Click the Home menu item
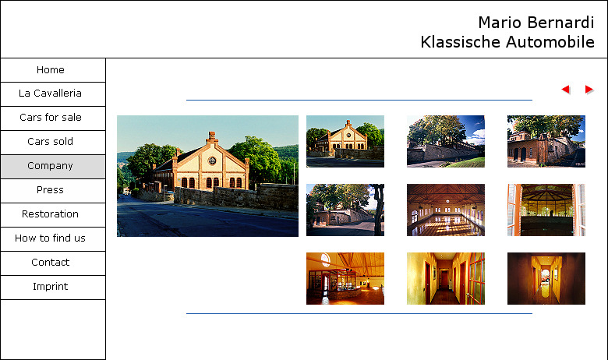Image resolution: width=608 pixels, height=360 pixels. [x=51, y=70]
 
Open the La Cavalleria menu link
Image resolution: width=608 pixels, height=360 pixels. [x=51, y=94]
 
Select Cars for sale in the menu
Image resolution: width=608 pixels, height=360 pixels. [x=51, y=118]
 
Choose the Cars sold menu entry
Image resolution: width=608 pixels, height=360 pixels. [x=51, y=142]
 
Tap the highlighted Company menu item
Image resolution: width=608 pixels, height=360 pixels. [x=51, y=166]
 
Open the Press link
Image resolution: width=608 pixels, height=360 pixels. [x=51, y=190]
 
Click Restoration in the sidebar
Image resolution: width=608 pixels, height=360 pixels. [x=51, y=214]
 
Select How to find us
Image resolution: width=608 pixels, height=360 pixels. [x=51, y=238]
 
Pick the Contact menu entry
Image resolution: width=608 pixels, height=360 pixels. [x=51, y=263]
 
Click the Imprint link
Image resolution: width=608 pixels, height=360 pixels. [x=51, y=287]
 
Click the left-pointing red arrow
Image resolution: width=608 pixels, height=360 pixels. [x=566, y=90]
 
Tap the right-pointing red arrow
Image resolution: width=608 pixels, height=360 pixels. [x=589, y=90]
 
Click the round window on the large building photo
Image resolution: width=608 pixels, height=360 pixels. [x=212, y=160]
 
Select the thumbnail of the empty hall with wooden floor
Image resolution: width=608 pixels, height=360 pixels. [x=446, y=210]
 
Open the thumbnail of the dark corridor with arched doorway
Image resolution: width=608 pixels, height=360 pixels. [x=546, y=279]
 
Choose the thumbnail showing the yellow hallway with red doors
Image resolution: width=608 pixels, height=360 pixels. [x=446, y=279]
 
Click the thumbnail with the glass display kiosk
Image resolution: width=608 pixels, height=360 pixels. [x=345, y=279]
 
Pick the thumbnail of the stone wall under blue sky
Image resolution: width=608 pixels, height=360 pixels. [x=446, y=142]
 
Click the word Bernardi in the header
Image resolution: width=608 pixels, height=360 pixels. [x=564, y=23]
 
